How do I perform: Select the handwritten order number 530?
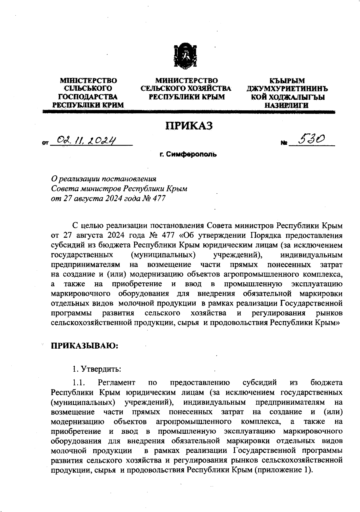(310, 139)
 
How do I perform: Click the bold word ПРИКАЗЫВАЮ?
(85, 346)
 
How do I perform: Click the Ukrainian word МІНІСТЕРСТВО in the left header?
(88, 80)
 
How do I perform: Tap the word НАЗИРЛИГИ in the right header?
(286, 105)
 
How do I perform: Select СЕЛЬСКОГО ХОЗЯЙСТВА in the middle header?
(186, 89)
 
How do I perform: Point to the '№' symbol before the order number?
(283, 144)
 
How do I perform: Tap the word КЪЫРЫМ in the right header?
(287, 81)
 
